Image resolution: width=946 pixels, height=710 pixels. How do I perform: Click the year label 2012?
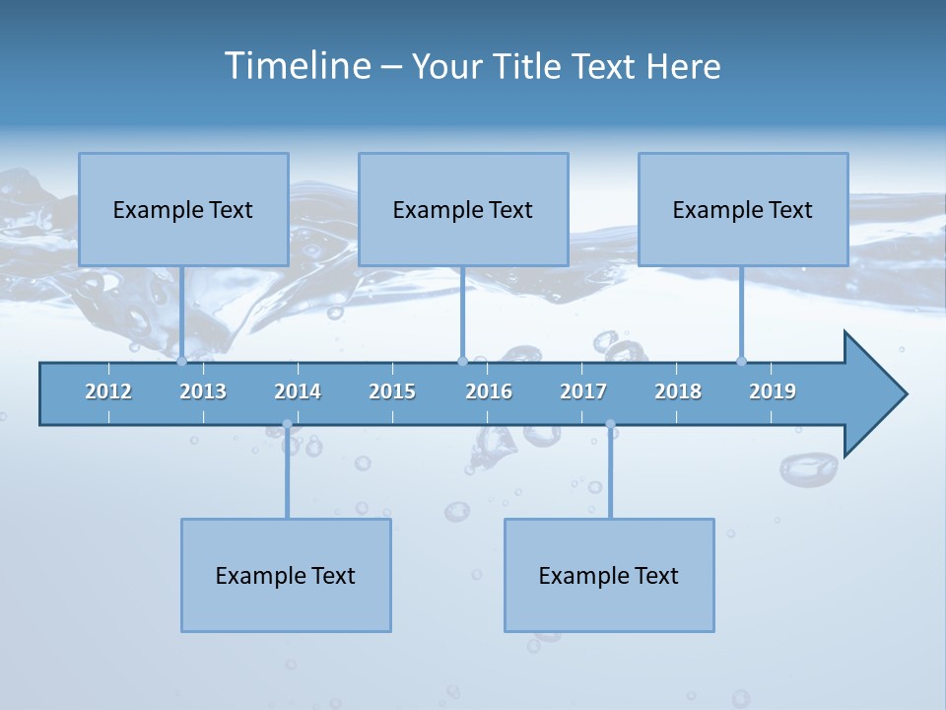108,391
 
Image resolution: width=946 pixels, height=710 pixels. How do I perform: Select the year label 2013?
203,391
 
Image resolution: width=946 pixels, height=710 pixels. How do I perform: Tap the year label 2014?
298,391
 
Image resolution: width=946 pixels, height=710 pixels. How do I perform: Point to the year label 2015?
392,391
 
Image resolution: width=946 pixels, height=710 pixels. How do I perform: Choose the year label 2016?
489,391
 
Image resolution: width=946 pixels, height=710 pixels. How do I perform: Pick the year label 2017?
583,391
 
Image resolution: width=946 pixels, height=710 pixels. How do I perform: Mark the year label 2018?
678,391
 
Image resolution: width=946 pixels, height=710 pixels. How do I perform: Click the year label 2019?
773,391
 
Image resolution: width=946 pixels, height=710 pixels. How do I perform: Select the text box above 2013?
183,209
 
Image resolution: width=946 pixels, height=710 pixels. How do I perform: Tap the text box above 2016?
463,209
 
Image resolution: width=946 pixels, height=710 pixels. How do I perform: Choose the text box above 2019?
743,209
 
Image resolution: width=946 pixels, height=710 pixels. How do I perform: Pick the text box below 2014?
286,575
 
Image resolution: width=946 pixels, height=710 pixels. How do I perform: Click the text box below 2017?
609,575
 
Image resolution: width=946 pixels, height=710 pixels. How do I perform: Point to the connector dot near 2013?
181,361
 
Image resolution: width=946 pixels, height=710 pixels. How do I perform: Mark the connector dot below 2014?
287,425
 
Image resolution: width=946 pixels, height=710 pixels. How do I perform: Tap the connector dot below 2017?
610,425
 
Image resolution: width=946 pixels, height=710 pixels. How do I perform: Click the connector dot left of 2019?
741,361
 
